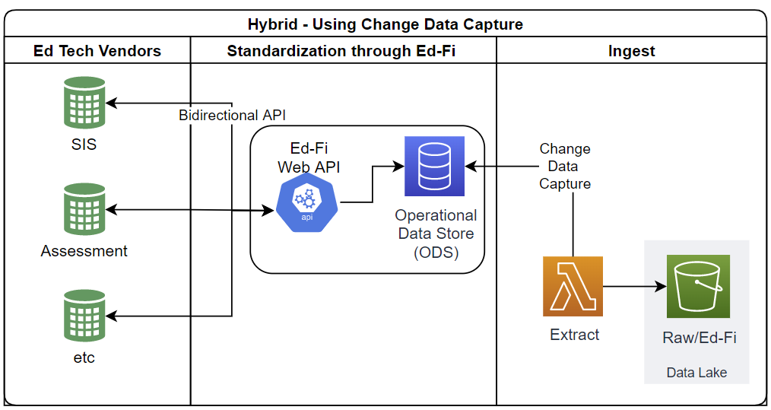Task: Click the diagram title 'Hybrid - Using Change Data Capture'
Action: click(x=385, y=24)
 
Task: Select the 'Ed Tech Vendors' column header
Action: click(x=97, y=52)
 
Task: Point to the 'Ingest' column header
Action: click(x=631, y=52)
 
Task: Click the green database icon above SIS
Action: click(x=84, y=105)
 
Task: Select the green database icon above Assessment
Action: click(x=84, y=210)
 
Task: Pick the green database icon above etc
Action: click(x=84, y=316)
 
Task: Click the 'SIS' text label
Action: click(x=84, y=144)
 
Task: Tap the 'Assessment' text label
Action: click(x=84, y=251)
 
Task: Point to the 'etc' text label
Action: click(x=84, y=357)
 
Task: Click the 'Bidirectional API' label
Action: click(x=232, y=116)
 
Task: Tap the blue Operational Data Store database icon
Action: click(x=435, y=166)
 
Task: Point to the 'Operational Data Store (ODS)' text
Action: click(x=436, y=234)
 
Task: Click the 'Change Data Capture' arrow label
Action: click(x=565, y=167)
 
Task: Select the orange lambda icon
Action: click(x=573, y=286)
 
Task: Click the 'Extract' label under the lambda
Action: click(x=574, y=335)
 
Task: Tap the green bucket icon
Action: click(x=697, y=286)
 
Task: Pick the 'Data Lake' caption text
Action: click(x=696, y=373)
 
